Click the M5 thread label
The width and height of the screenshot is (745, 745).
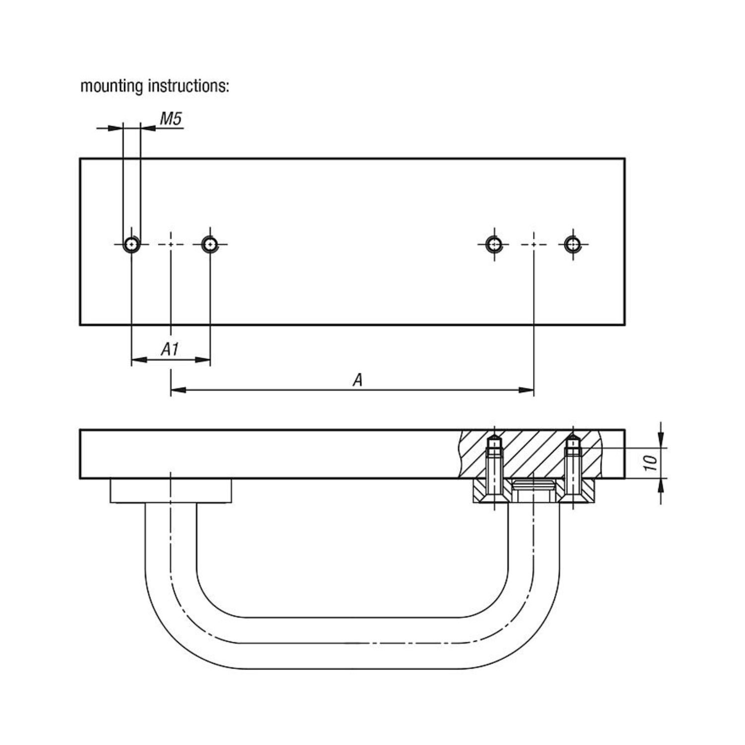[x=171, y=119]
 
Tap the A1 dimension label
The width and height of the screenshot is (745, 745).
[x=170, y=349]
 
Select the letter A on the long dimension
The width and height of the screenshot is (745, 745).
[x=357, y=380]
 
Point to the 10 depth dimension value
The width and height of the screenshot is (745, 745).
[x=651, y=463]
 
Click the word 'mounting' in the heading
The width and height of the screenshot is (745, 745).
[x=111, y=86]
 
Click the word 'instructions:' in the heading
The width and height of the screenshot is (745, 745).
[x=189, y=86]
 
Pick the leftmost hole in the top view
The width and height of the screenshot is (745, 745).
[x=132, y=244]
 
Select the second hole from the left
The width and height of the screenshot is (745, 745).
[x=210, y=244]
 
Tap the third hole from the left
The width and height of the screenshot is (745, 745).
[x=494, y=244]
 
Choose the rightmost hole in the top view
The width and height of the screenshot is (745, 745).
[x=573, y=244]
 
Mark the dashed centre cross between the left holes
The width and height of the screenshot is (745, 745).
[x=171, y=244]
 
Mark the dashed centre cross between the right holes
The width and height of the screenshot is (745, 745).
[x=534, y=244]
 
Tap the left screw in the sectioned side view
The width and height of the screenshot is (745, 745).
[x=494, y=467]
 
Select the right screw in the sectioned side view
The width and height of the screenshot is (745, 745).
[x=573, y=467]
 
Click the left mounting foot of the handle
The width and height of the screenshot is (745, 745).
[x=171, y=491]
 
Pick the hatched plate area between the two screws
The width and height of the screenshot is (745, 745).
[x=534, y=454]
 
